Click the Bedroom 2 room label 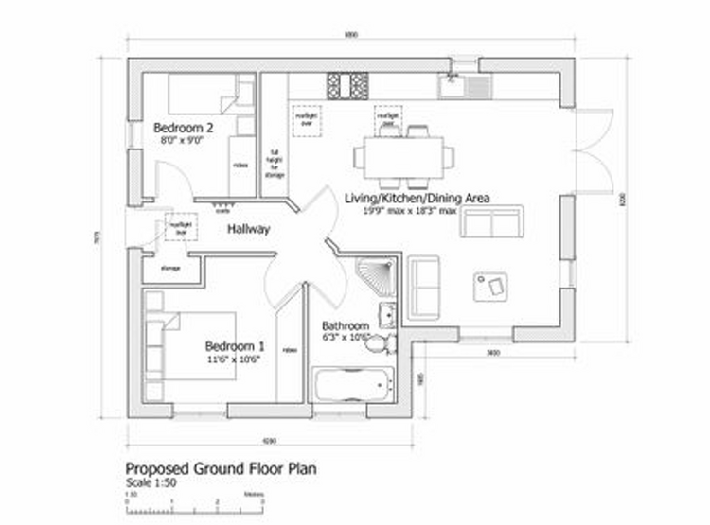184,128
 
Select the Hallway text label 249,229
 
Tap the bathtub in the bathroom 352,385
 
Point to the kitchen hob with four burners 347,86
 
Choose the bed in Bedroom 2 203,95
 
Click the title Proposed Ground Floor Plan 222,468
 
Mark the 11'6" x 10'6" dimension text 233,359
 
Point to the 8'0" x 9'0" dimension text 184,140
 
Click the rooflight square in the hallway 180,227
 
